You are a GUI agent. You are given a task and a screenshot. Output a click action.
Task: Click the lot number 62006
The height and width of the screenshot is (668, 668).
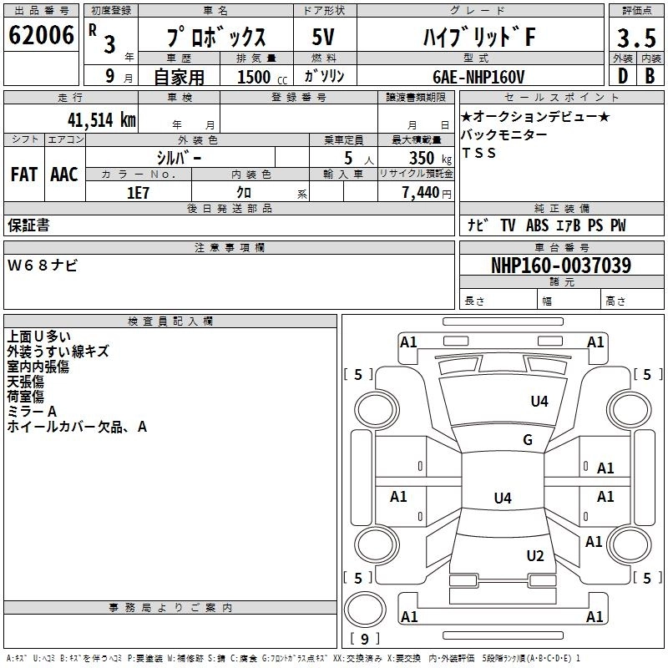pos(40,36)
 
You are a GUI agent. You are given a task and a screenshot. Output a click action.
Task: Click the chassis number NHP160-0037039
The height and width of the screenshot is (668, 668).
pos(560,266)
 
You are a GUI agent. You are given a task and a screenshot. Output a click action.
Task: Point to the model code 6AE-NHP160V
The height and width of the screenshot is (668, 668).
pos(478,76)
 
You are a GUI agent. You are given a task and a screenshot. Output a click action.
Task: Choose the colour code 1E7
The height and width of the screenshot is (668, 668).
pos(139,192)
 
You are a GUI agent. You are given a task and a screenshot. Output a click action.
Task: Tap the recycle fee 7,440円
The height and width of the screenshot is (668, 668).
pos(424,192)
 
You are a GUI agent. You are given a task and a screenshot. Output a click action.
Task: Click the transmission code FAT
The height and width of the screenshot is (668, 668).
pos(23,174)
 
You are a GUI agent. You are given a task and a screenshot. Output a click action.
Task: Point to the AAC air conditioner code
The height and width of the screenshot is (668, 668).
pos(64,174)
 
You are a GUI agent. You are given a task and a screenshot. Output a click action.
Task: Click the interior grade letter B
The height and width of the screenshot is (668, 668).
pos(650,75)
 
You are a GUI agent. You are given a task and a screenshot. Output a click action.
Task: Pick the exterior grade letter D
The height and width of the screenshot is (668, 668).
pos(622,75)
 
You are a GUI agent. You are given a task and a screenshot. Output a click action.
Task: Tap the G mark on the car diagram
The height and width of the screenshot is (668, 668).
pos(527,440)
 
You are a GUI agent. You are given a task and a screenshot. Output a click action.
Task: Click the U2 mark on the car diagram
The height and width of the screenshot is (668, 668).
pos(535,556)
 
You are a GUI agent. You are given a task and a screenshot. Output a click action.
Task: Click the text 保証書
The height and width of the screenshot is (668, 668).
pos(28,225)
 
